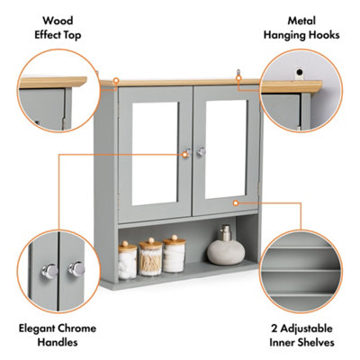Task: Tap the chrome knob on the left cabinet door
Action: (x=187, y=153)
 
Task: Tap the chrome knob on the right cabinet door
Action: (x=201, y=152)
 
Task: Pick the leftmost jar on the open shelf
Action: (x=128, y=259)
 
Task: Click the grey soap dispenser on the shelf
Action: (x=221, y=247)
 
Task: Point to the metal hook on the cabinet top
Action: (x=238, y=76)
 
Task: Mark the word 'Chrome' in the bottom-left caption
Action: (x=75, y=328)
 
